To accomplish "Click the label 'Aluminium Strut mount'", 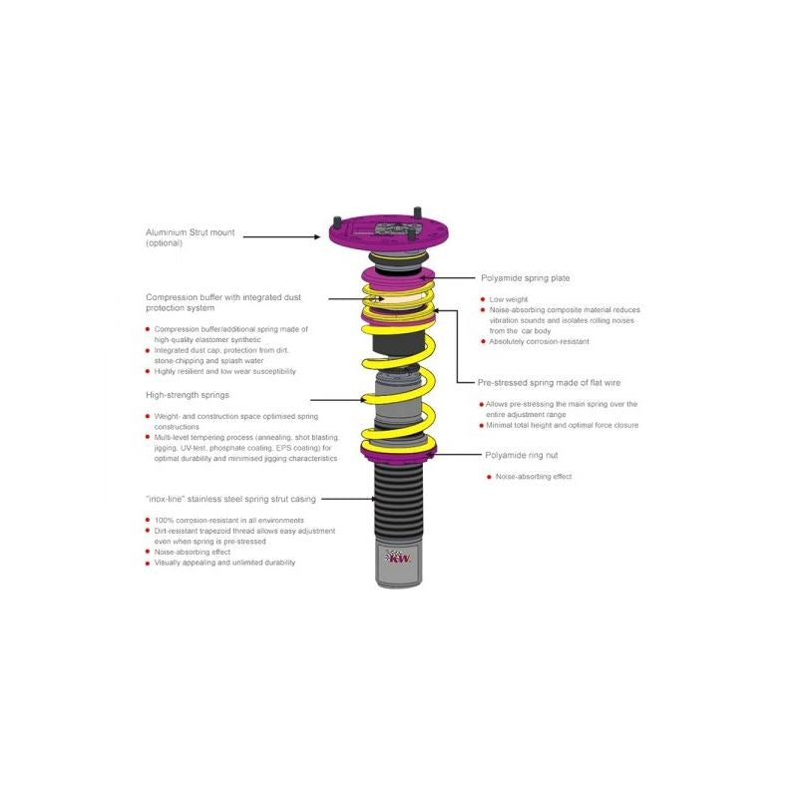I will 191,232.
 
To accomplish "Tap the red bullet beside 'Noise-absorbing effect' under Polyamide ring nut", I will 488,477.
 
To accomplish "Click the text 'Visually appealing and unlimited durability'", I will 224,563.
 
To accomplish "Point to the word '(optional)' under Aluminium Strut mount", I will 165,243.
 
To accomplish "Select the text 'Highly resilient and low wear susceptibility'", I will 225,371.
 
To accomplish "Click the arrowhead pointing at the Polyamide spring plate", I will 435,278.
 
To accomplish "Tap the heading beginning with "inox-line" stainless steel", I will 228,498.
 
